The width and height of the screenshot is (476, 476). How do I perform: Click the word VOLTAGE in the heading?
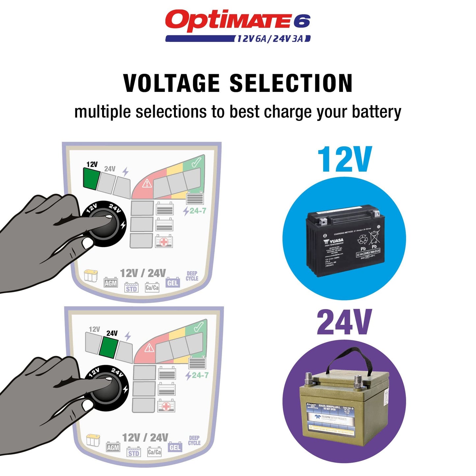(x=172, y=83)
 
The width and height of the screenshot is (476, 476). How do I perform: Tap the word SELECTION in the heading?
(x=291, y=83)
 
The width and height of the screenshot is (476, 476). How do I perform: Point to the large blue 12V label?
(x=345, y=159)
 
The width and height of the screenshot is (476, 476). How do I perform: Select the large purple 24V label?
(x=344, y=322)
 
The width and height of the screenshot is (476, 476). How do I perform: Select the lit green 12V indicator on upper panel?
(x=91, y=179)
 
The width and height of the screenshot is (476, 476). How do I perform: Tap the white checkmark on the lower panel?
(x=199, y=327)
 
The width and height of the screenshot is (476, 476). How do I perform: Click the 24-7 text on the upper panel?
(x=197, y=211)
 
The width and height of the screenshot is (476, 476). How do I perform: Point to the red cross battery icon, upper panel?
(x=164, y=241)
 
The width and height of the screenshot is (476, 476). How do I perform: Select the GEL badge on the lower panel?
(x=175, y=447)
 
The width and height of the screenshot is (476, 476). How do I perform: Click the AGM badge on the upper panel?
(x=111, y=283)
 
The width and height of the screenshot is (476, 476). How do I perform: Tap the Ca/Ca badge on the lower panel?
(x=154, y=452)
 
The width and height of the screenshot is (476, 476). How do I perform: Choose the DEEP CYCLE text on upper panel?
(x=192, y=276)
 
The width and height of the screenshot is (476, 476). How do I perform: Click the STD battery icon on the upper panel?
(x=131, y=288)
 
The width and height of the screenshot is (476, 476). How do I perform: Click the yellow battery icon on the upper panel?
(x=91, y=276)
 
